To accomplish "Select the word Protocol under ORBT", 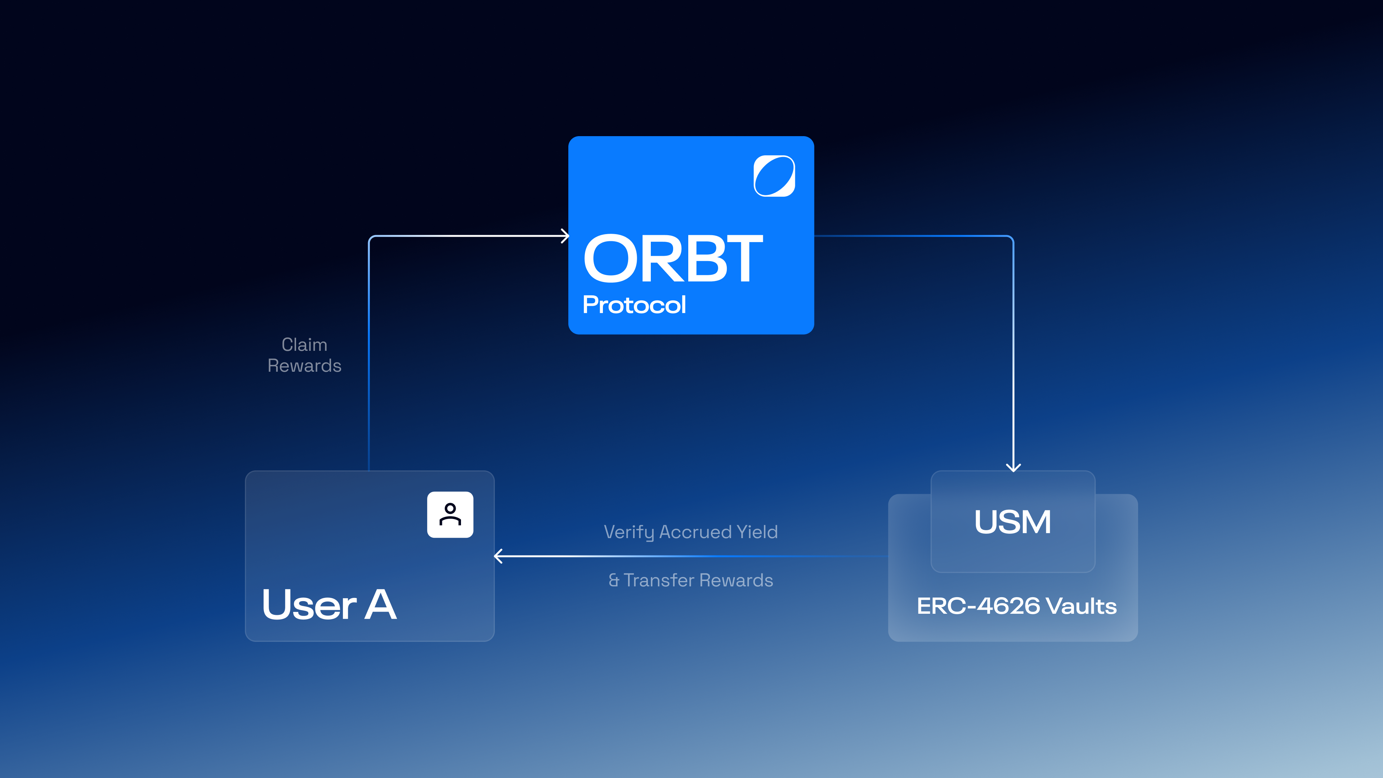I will (634, 305).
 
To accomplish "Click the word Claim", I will (304, 345).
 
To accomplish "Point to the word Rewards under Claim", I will (304, 366).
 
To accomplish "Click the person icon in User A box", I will (450, 514).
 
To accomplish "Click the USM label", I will (1012, 522).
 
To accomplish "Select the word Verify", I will (629, 532).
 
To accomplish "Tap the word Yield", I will (757, 532).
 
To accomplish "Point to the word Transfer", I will (659, 580).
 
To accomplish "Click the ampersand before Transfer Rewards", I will (614, 580).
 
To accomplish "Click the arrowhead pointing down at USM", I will (1013, 468).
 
